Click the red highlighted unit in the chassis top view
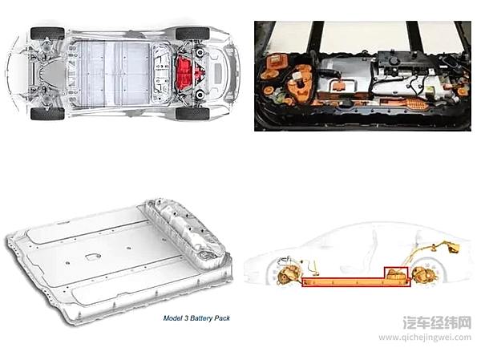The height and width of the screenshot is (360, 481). click(x=186, y=73)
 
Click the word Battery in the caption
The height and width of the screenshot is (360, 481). click(x=201, y=318)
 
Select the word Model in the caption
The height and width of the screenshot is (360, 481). click(x=172, y=318)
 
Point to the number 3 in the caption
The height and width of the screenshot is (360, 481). click(x=186, y=318)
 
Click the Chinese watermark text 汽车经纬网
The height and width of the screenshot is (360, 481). click(x=437, y=322)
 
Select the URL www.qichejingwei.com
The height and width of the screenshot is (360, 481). click(x=425, y=338)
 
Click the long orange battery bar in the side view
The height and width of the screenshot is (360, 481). click(x=356, y=282)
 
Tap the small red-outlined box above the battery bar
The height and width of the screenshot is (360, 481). click(x=396, y=273)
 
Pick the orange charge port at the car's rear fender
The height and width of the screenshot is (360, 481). click(x=454, y=248)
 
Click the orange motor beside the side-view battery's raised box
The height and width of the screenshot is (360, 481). click(x=425, y=275)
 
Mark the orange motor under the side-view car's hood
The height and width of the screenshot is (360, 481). click(x=287, y=274)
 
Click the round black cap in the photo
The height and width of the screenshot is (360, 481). click(x=392, y=61)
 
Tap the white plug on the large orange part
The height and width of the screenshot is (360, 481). click(x=297, y=76)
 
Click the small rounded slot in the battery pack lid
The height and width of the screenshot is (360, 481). click(x=92, y=257)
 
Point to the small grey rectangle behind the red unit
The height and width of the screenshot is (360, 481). click(x=218, y=73)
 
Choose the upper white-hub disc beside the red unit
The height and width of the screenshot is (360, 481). click(x=200, y=52)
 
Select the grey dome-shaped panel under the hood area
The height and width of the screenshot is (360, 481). click(x=52, y=73)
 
